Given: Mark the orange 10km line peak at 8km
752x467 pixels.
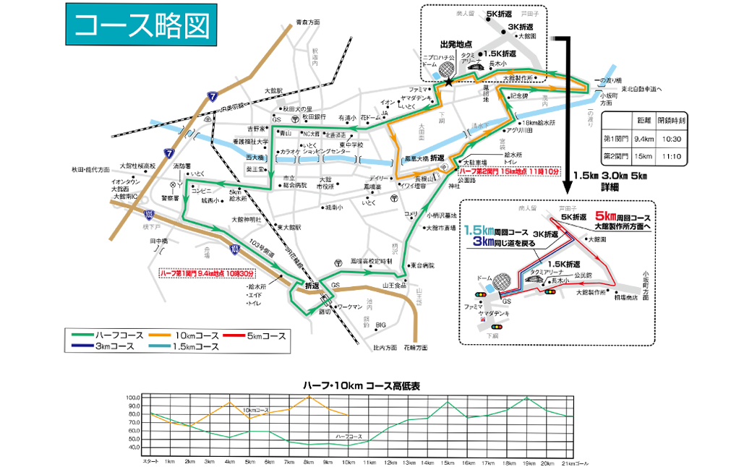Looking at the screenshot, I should coord(309,396).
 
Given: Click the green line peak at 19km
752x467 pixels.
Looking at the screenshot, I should coord(527,398).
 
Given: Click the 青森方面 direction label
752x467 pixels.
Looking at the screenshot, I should coord(307,23).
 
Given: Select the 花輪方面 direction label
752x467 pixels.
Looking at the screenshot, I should coord(415,348).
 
